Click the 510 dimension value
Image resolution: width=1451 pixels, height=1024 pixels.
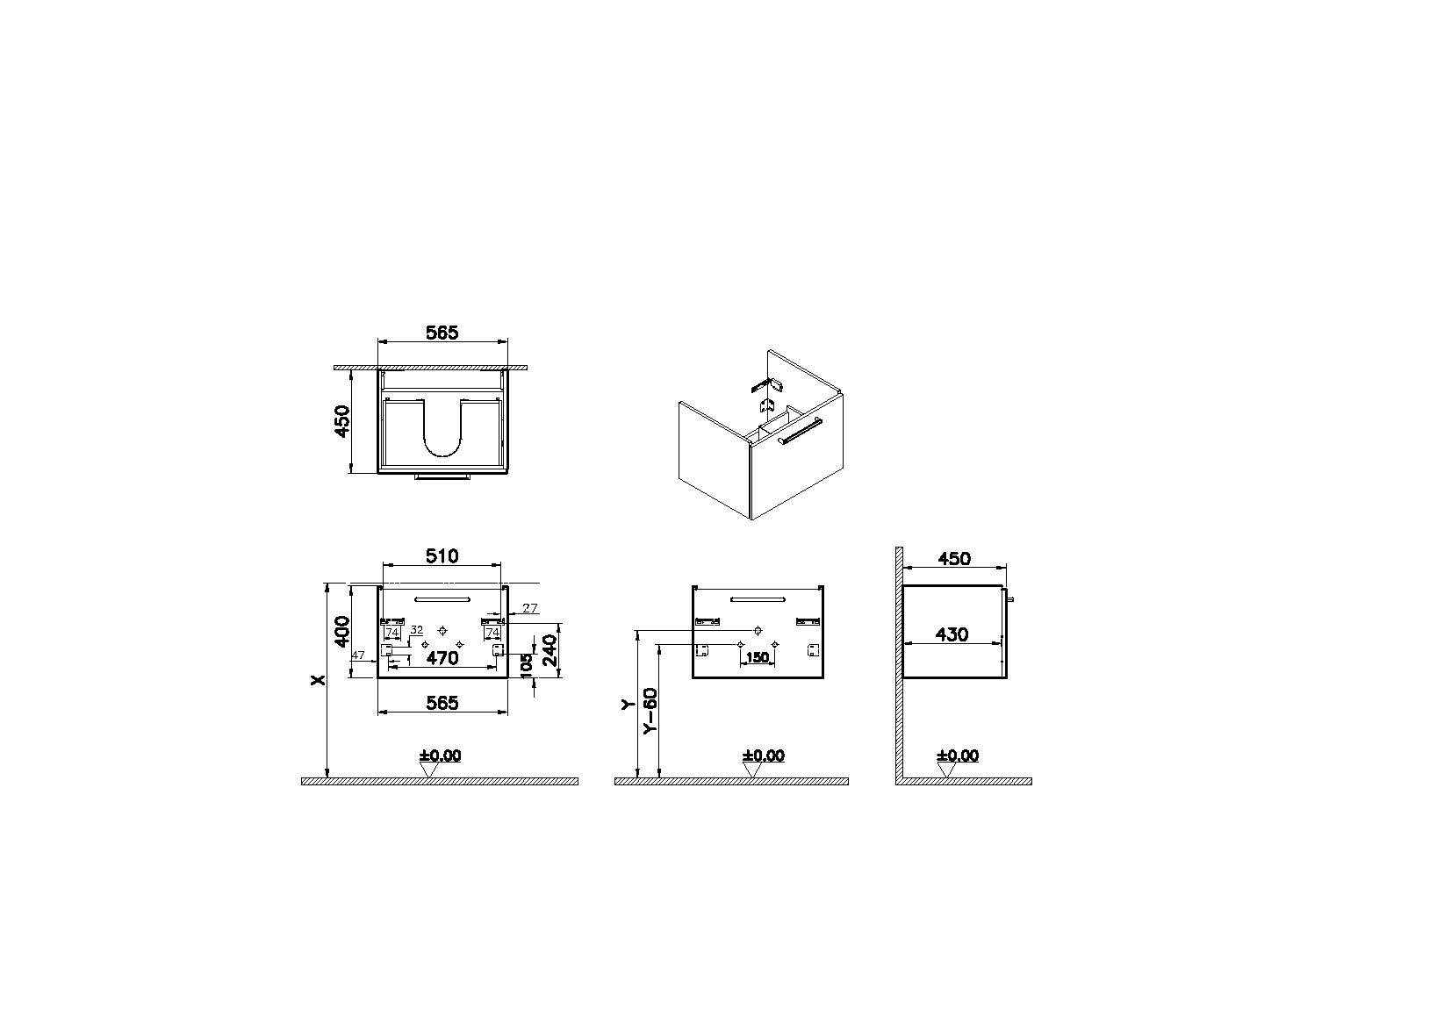point(442,555)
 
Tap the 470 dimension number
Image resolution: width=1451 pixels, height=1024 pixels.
point(442,658)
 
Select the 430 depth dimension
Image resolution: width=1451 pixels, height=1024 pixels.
point(952,634)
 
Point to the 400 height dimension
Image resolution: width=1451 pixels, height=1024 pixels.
point(341,632)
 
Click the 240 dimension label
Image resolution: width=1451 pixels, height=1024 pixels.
point(550,651)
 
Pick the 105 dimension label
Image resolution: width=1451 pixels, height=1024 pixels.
point(526,666)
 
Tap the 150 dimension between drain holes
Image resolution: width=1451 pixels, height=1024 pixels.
point(758,657)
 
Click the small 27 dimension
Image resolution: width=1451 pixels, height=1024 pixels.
point(530,607)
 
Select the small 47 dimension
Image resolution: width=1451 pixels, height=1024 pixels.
point(358,655)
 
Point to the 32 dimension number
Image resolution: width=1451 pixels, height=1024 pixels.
point(416,629)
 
